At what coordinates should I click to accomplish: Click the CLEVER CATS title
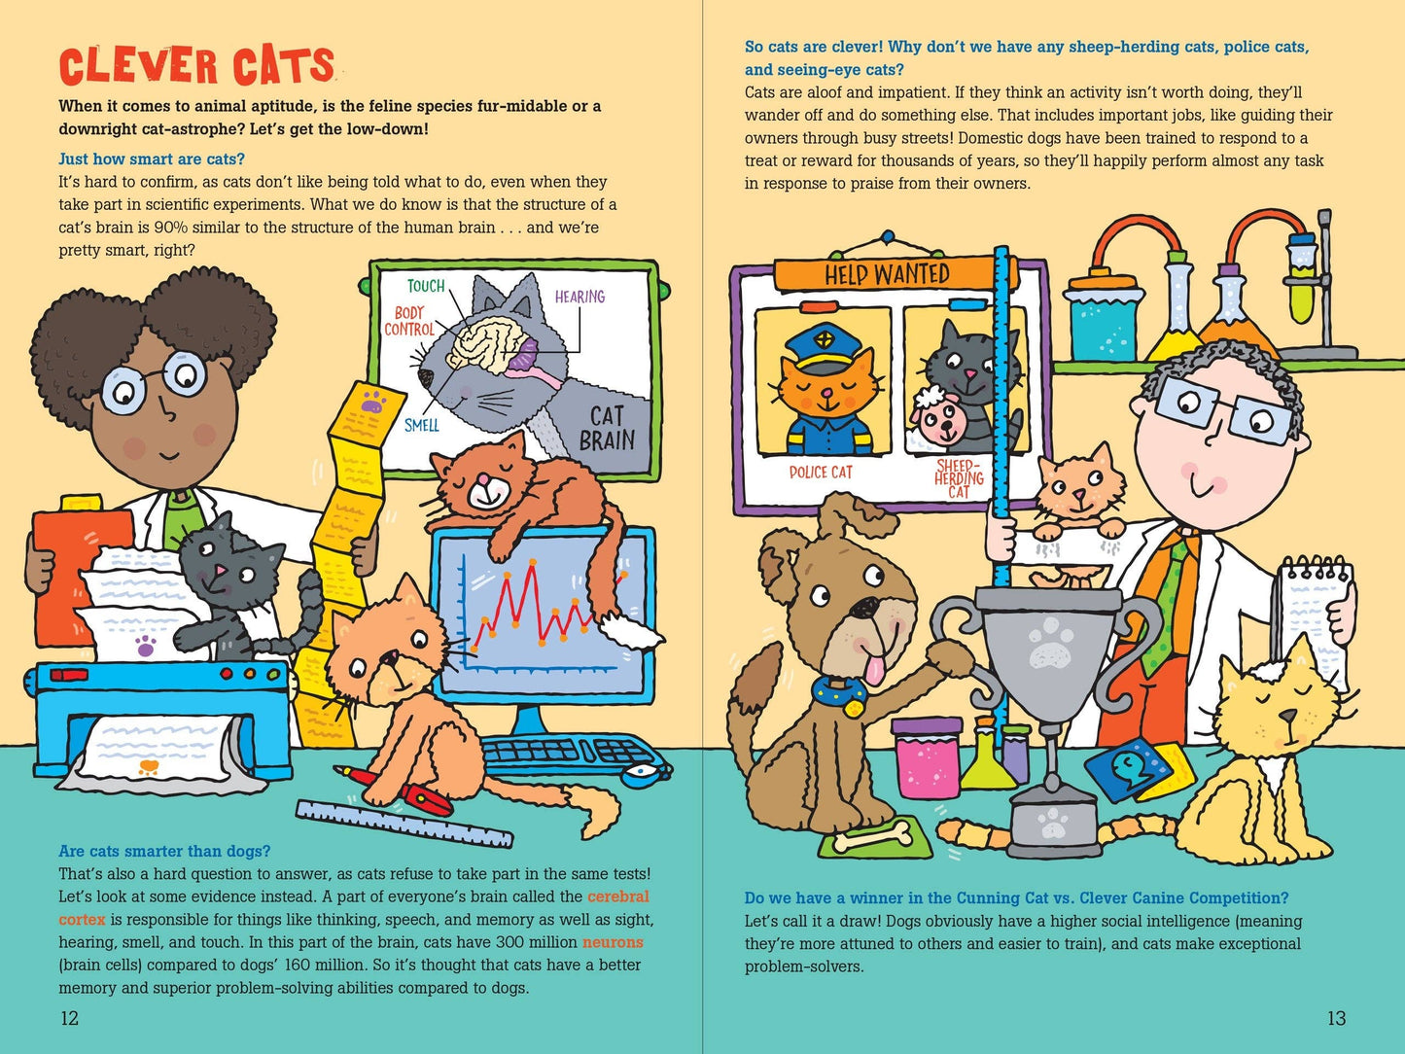pyautogui.click(x=196, y=67)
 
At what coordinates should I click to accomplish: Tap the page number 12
pyautogui.click(x=69, y=1018)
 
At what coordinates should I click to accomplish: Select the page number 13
pyautogui.click(x=1336, y=1018)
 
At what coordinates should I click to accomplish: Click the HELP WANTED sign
pyautogui.click(x=887, y=275)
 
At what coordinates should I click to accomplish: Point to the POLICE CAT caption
pyautogui.click(x=820, y=473)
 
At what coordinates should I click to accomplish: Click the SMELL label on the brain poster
pyautogui.click(x=421, y=425)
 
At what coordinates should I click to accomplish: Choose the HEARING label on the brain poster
pyautogui.click(x=580, y=297)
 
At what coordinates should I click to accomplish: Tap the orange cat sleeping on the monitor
pyautogui.click(x=515, y=486)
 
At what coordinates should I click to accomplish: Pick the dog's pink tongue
pyautogui.click(x=877, y=670)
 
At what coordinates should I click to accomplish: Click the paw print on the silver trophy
pyautogui.click(x=1048, y=650)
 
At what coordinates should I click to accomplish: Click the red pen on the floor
pyautogui.click(x=399, y=786)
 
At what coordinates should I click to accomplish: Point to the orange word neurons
pyautogui.click(x=613, y=942)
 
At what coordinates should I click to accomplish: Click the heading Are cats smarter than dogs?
pyautogui.click(x=164, y=852)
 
